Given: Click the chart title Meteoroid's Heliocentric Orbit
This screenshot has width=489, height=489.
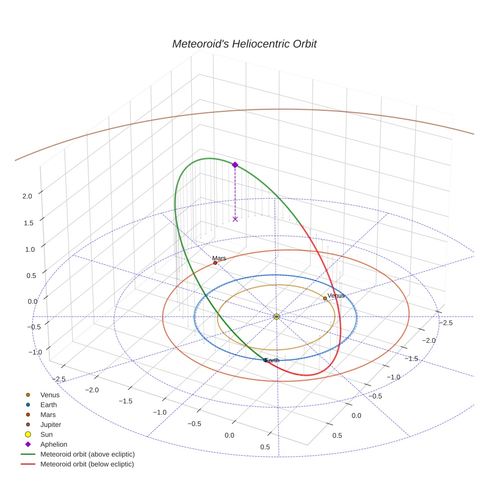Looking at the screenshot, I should click(x=244, y=44).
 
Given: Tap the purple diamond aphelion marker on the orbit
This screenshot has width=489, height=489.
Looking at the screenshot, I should click(x=235, y=165).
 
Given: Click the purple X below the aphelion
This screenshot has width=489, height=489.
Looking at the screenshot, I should click(x=235, y=219).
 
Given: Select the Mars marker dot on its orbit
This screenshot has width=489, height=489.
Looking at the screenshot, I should click(x=215, y=263).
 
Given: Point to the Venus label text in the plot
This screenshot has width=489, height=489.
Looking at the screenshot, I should click(x=336, y=296).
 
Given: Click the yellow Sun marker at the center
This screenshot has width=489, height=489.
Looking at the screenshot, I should click(x=277, y=317).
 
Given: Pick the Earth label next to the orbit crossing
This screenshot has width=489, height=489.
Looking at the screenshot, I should click(x=272, y=360).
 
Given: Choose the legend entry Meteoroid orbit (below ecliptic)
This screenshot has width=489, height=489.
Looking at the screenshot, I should click(x=87, y=464).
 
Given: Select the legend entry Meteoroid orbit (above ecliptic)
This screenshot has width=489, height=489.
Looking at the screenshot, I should click(x=87, y=454).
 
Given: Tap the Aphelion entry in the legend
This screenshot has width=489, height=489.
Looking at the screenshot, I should click(x=54, y=444).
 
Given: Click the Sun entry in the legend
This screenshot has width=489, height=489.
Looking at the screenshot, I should click(x=46, y=434).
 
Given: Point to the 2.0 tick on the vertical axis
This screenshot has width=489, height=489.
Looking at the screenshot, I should click(x=27, y=196).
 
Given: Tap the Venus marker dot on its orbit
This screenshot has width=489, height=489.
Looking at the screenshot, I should click(x=325, y=298).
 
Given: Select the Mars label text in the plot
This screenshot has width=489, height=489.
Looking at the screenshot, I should click(x=219, y=258).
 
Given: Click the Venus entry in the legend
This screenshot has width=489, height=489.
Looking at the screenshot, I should click(x=50, y=395).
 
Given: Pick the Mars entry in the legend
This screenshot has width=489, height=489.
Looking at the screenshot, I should click(x=48, y=414).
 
